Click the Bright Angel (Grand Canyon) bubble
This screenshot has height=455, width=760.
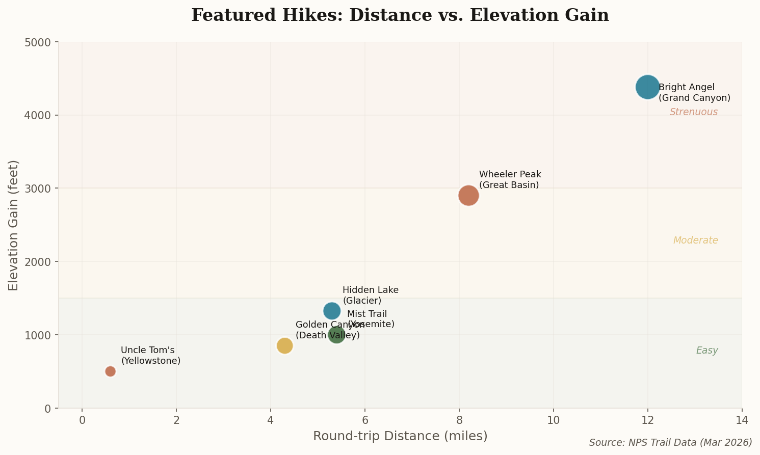(647, 87)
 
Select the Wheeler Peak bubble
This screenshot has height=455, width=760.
(468, 195)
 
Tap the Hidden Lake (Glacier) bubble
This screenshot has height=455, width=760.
(332, 310)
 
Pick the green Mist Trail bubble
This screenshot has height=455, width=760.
(336, 335)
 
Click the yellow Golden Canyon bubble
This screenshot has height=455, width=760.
(284, 346)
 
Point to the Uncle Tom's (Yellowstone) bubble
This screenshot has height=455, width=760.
(110, 371)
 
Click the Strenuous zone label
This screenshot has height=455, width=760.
(693, 112)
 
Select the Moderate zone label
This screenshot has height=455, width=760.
(695, 240)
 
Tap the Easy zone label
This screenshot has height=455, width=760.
(707, 351)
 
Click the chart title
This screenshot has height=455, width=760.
(400, 15)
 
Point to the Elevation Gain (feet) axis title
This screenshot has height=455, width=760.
(14, 225)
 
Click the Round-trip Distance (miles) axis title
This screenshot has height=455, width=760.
(400, 436)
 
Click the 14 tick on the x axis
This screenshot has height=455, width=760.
(742, 420)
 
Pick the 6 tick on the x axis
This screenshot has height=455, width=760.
(365, 420)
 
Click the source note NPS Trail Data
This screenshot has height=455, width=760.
(670, 442)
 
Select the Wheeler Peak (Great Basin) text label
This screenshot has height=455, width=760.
(510, 180)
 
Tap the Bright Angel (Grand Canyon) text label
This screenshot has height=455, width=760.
(694, 93)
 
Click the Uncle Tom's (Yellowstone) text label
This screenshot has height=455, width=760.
(150, 356)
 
